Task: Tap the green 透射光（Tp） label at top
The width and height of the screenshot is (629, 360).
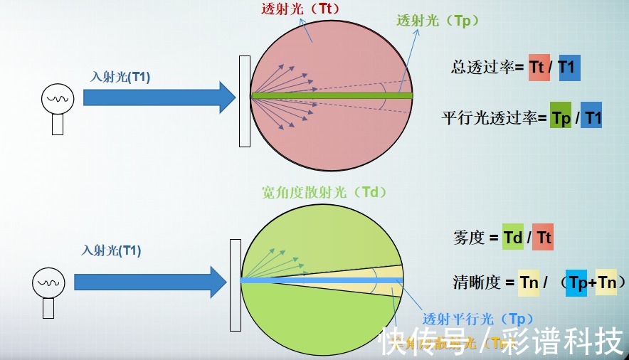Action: point(438,21)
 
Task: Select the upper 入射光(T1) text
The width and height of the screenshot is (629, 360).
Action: point(120,77)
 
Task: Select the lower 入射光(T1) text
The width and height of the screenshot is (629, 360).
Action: point(111,250)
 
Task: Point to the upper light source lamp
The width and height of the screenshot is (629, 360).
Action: point(56,106)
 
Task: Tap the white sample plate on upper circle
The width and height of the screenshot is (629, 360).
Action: point(244,101)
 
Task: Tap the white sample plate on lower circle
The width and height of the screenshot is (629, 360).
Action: point(235,285)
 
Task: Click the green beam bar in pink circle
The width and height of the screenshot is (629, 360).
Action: point(332,95)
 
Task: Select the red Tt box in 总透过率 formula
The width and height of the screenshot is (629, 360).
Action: point(539,68)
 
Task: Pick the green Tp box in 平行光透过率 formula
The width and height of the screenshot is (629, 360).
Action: point(561,118)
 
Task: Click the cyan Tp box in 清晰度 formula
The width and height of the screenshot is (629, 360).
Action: point(576,282)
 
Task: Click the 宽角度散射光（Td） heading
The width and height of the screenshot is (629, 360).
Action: point(324,192)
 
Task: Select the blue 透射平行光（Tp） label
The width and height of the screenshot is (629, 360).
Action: point(477,319)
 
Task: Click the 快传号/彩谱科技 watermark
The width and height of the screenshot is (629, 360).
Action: point(501,342)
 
